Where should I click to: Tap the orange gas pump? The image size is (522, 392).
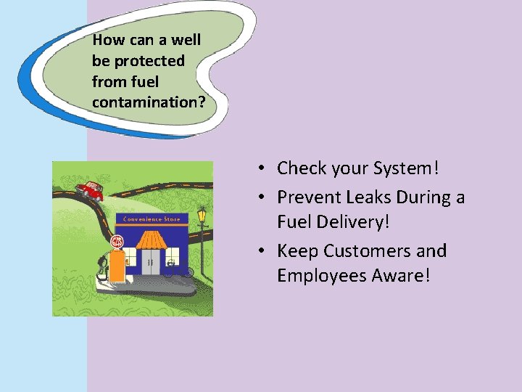coord(117,266)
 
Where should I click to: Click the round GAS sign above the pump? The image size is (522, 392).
coord(117,242)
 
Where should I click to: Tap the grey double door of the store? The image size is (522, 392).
coord(151,262)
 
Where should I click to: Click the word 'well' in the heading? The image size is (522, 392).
coord(186,40)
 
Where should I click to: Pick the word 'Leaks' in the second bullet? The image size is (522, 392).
coord(371,197)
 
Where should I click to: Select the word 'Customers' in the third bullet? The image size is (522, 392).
coord(370,251)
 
